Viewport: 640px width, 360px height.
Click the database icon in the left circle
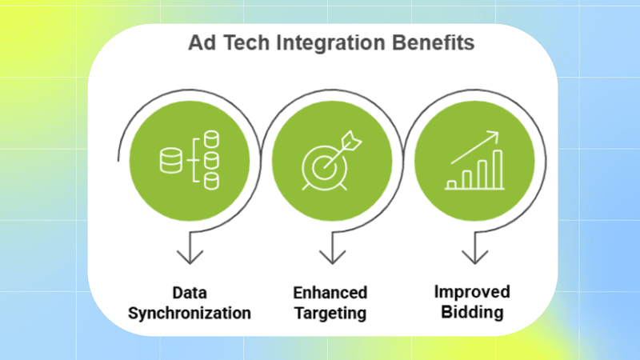click(189, 160)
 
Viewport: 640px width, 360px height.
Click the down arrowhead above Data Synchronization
click(190, 257)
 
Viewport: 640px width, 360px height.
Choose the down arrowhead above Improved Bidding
click(474, 257)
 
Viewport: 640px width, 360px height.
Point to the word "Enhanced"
click(330, 292)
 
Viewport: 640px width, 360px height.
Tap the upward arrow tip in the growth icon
click(496, 135)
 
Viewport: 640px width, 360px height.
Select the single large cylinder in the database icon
click(170, 161)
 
